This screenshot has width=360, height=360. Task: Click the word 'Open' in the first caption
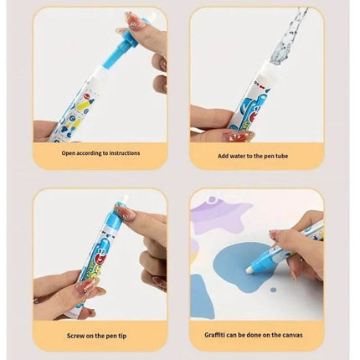68,153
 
